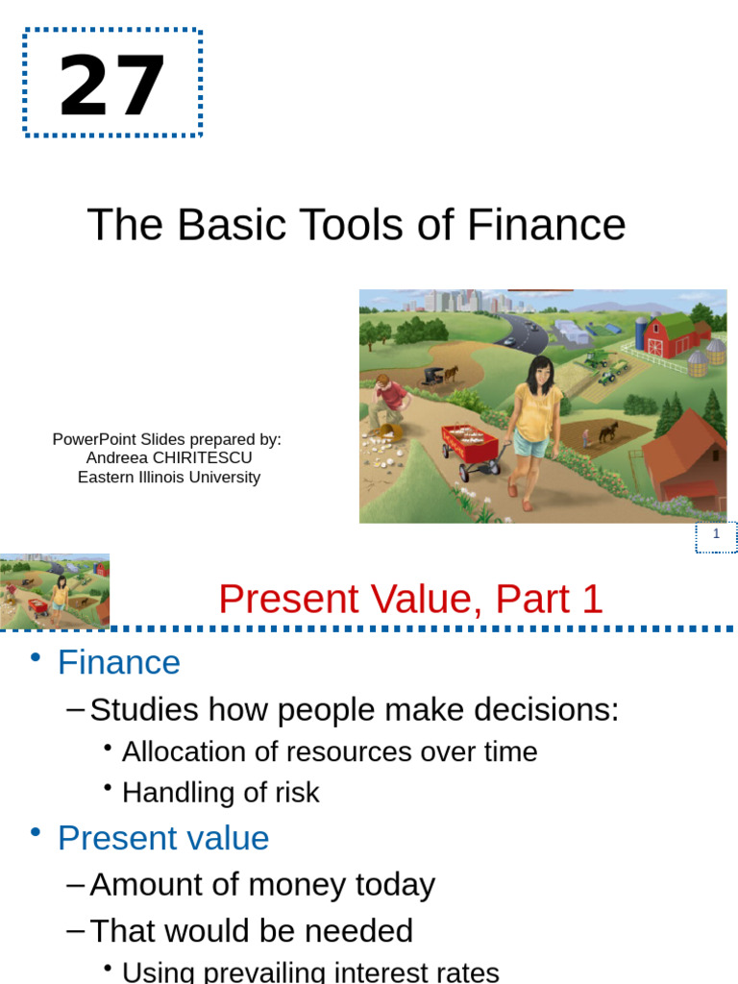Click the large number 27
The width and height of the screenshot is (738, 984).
(112, 86)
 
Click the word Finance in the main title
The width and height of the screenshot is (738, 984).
(547, 225)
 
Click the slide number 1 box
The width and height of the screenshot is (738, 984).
(716, 536)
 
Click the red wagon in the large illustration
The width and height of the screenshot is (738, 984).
(470, 446)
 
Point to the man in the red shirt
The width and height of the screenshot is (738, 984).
(389, 396)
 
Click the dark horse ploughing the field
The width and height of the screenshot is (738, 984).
(607, 431)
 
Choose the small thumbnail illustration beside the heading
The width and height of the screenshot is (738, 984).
(55, 591)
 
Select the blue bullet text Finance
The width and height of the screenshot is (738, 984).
(119, 663)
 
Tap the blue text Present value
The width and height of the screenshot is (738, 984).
(163, 838)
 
